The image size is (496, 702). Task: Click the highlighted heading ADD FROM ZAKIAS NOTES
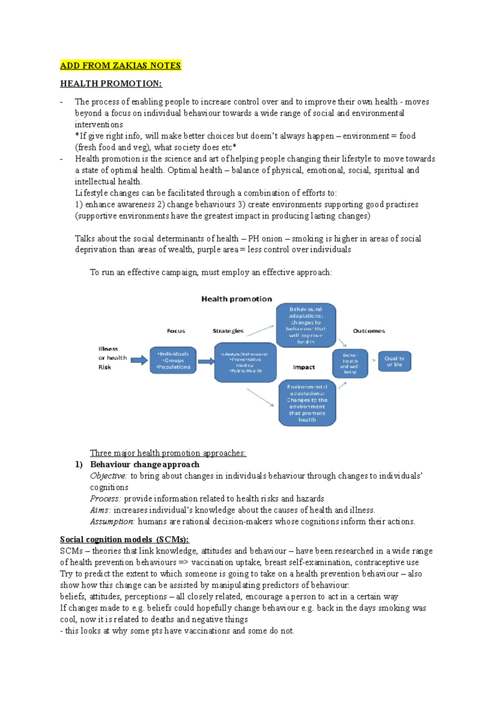point(120,66)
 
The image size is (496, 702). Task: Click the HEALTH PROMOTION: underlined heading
point(111,84)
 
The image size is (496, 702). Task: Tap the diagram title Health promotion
point(236,299)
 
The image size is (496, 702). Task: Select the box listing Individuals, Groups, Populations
point(173,361)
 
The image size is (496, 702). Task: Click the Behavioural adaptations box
point(306,325)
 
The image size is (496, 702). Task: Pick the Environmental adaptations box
point(307,403)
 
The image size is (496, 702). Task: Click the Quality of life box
point(394,361)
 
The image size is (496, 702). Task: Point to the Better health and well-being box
point(350,363)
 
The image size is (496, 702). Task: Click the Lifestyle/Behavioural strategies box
point(245,362)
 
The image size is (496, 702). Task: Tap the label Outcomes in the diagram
point(369,331)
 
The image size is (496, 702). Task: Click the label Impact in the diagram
point(304,367)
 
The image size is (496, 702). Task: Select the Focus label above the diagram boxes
point(176,331)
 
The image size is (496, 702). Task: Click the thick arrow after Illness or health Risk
point(139,360)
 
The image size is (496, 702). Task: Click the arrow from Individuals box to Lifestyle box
point(206,361)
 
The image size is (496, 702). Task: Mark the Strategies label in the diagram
point(228,331)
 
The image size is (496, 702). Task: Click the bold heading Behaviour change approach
point(145,465)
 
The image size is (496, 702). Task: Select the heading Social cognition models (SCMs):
point(124,540)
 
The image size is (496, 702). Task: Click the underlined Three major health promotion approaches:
point(168,453)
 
